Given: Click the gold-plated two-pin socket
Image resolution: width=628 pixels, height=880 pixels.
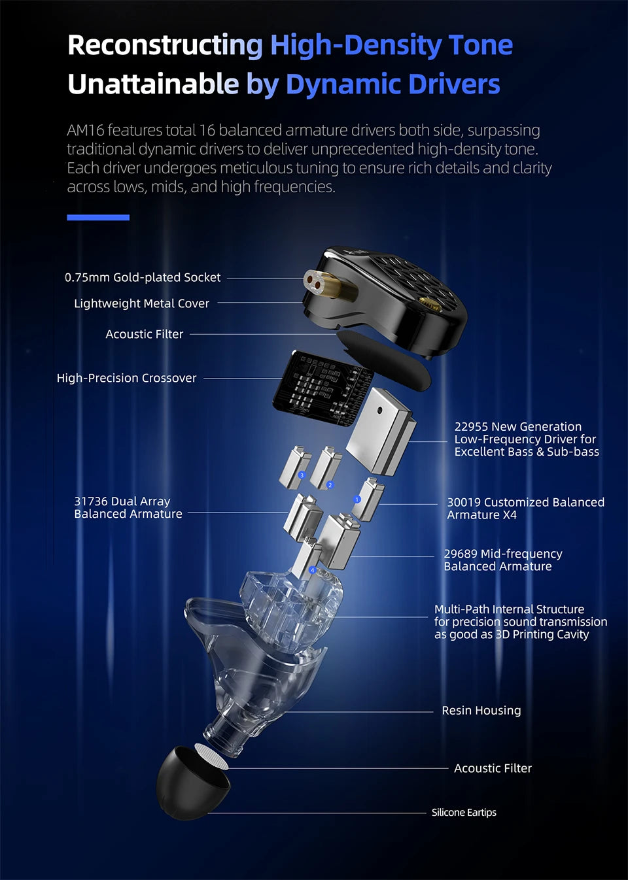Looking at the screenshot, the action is tap(328, 283).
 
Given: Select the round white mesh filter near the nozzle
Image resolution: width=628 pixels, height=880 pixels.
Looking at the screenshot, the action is tap(211, 756).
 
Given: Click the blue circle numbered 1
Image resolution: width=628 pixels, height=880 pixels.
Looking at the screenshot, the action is tap(357, 499).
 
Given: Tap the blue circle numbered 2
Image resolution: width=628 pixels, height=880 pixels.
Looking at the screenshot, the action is tap(330, 485).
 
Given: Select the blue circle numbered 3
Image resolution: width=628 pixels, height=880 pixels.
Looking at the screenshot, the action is tap(302, 475).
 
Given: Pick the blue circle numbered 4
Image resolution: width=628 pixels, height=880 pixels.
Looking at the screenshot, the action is tap(313, 569).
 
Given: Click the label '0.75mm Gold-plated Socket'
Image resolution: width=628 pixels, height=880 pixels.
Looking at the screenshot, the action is tap(142, 277).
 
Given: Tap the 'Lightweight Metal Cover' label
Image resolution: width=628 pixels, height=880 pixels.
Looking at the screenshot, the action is tap(141, 303).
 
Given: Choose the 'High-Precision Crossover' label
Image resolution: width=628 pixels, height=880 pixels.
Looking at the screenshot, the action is tap(126, 378).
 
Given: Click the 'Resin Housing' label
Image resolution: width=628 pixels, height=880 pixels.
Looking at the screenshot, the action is tap(481, 710).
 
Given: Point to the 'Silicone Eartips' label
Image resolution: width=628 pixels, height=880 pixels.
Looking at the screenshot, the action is tap(464, 812).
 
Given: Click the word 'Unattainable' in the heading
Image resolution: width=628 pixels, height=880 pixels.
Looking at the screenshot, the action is tap(153, 84).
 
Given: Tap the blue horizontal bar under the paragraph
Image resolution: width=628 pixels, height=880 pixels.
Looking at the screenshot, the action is tap(98, 217).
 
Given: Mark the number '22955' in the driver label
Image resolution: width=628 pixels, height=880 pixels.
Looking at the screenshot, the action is tap(471, 426).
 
